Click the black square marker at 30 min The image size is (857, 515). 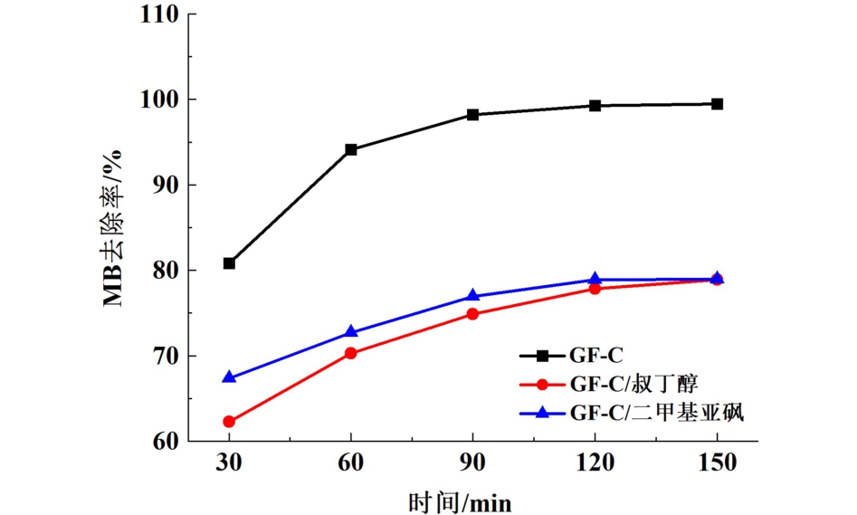pos(229,263)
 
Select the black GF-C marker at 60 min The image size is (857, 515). pos(351,149)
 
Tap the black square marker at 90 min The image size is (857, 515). pos(473,115)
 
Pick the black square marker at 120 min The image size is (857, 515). pos(595,105)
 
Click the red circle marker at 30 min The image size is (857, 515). pos(229,422)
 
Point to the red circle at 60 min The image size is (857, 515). pos(351,353)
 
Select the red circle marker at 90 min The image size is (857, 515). pos(473,314)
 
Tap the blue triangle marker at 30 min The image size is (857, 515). pos(229,377)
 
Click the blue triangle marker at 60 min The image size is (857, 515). pos(351,332)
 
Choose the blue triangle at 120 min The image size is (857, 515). pos(595,279)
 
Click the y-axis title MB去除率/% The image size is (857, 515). pos(115,232)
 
